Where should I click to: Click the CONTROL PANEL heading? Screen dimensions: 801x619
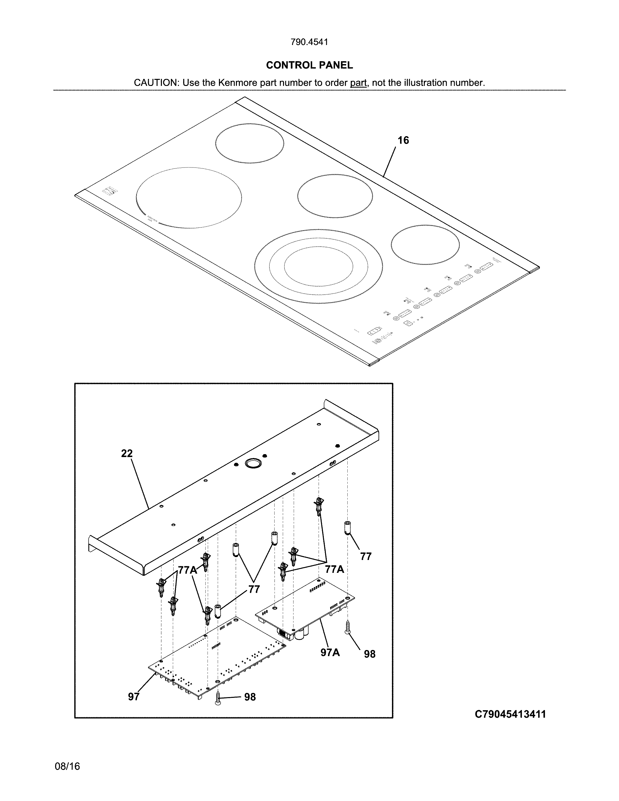(x=309, y=65)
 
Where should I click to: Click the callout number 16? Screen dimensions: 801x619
(x=403, y=141)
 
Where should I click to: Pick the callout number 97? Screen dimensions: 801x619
(x=134, y=696)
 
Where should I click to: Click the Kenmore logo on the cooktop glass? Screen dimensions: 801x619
(x=110, y=192)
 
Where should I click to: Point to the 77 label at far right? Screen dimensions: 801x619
(x=366, y=556)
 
